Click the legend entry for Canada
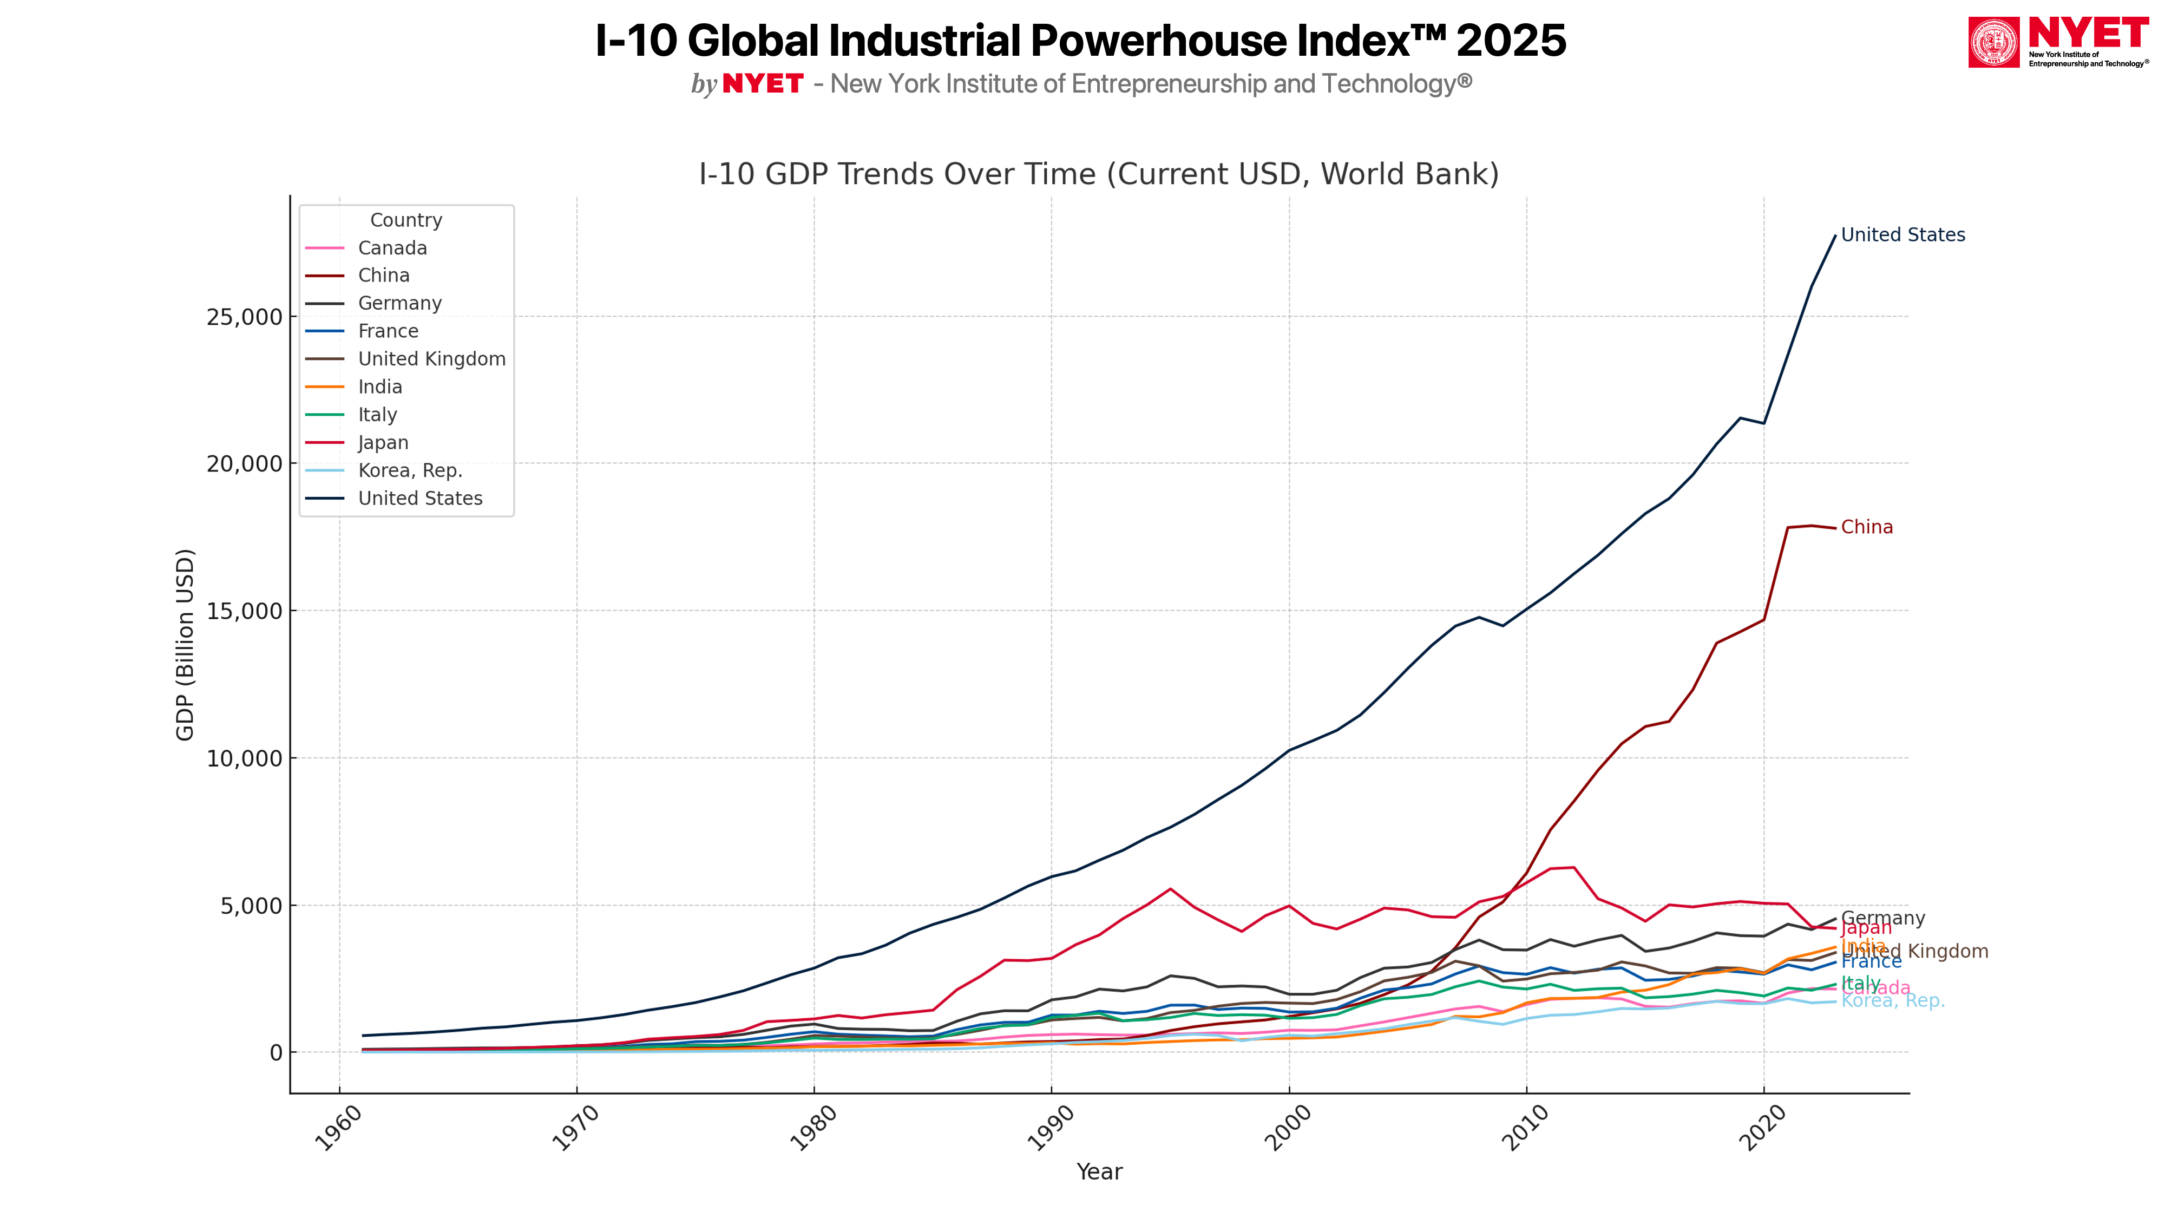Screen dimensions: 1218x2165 point(392,248)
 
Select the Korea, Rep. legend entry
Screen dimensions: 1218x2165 point(409,471)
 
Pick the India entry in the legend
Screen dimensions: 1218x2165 point(380,387)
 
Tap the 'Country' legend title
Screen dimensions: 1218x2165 point(406,220)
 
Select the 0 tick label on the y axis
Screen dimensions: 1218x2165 point(275,1052)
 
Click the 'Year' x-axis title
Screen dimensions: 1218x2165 point(1099,1172)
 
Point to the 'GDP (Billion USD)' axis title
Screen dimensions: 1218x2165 point(185,645)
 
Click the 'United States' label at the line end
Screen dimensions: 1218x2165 point(1903,235)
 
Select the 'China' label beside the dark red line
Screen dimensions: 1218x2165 point(1867,527)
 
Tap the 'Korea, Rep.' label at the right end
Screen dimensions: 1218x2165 point(1893,1001)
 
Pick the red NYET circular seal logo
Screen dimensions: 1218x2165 point(1993,42)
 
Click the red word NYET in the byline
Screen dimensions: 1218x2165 point(762,84)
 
